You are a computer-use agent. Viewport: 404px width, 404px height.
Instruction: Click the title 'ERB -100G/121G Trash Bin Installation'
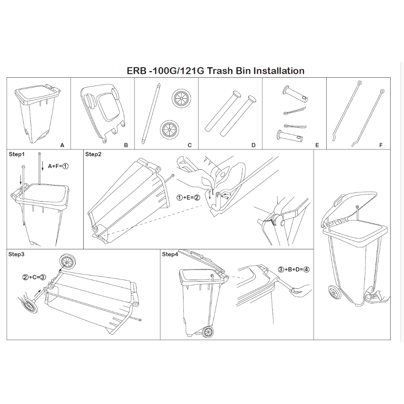tap(216, 71)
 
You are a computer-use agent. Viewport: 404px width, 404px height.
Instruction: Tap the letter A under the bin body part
tap(62, 145)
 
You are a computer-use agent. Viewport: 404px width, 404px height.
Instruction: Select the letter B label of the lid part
tap(126, 145)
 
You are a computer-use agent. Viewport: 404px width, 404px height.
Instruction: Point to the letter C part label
tap(190, 145)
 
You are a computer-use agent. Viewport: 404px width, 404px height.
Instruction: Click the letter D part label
tap(254, 145)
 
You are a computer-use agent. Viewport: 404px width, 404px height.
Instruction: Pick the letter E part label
tap(317, 145)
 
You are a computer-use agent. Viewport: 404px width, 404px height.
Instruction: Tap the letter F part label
tap(381, 145)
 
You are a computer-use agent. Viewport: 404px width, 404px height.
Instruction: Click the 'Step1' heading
tap(17, 154)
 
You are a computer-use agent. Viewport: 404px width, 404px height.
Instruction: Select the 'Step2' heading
tap(93, 154)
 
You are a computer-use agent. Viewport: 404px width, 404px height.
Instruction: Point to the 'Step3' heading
tap(16, 254)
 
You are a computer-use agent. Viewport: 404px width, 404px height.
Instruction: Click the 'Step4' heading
tap(170, 254)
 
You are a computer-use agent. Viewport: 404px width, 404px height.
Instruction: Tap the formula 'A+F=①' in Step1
tap(58, 166)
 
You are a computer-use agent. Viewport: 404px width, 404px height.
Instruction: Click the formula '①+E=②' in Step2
tap(188, 198)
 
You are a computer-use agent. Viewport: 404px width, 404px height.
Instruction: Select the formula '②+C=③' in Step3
tap(34, 277)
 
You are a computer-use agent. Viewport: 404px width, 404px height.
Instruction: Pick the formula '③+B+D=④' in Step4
tap(294, 269)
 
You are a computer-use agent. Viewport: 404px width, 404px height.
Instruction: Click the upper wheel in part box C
tap(181, 99)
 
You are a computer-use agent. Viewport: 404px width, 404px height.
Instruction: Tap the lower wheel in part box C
tap(169, 129)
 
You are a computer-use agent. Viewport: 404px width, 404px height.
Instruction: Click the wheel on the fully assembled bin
tap(335, 292)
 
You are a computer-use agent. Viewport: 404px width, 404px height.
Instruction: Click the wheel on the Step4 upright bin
tap(208, 332)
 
